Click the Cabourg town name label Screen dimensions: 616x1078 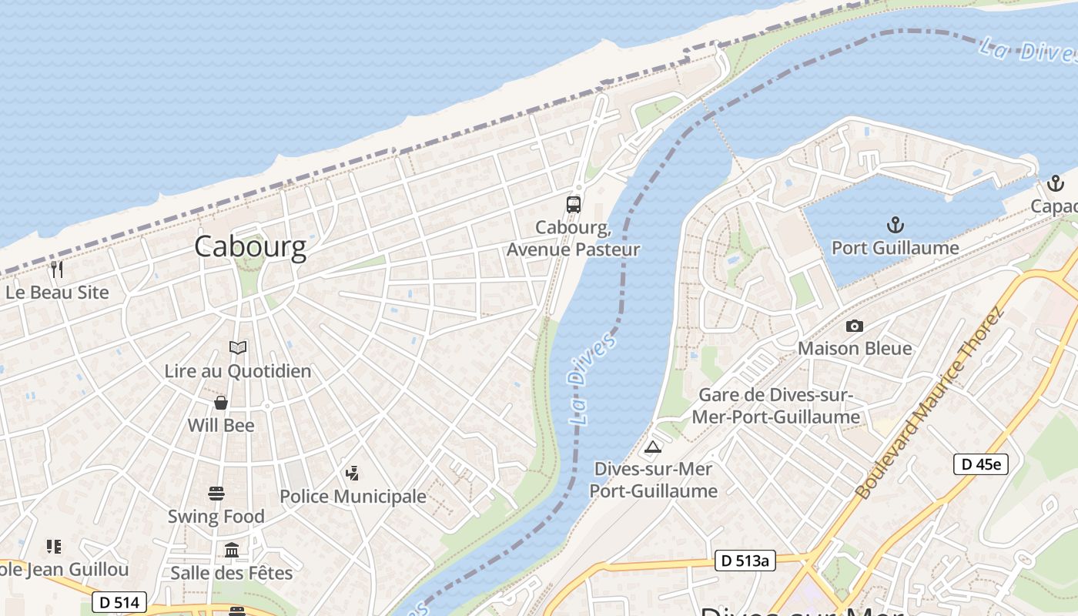(250, 246)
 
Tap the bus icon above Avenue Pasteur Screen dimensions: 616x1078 (574, 204)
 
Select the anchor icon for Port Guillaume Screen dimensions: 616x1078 (895, 225)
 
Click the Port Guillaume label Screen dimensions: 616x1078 (895, 248)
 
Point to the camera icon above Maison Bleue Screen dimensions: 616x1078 (854, 326)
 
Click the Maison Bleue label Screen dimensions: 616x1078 (854, 348)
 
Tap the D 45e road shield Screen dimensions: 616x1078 (980, 464)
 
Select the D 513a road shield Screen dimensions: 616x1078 (744, 561)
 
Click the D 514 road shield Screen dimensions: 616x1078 (119, 601)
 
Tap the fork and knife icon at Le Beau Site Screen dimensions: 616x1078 (56, 269)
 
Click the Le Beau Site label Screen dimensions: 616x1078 (57, 293)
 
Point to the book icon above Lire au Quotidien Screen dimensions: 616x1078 (238, 348)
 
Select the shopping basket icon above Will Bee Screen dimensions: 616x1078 (221, 403)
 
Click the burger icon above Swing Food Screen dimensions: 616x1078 (216, 494)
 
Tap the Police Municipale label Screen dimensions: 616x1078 (353, 497)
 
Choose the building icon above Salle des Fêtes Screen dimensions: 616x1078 (232, 550)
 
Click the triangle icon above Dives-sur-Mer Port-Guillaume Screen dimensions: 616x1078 (653, 447)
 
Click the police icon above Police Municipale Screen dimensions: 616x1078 (353, 473)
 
